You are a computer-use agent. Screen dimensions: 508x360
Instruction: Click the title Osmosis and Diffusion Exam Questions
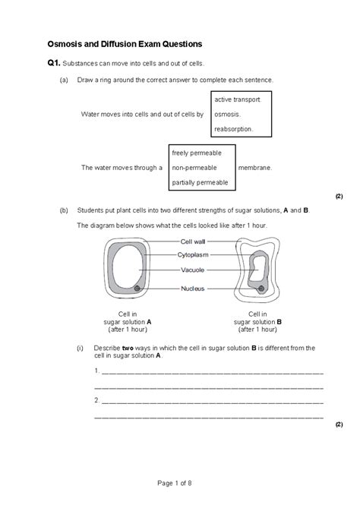point(131,44)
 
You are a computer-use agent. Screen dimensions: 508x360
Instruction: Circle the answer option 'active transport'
point(238,99)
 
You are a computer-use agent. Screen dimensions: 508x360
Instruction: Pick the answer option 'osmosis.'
point(227,114)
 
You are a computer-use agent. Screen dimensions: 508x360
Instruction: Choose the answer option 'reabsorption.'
point(233,129)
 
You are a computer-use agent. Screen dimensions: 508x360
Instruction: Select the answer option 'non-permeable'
point(194,167)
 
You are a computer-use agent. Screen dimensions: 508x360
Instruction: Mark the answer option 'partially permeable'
point(200,182)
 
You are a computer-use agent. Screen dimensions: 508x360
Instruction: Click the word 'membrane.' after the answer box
point(255,167)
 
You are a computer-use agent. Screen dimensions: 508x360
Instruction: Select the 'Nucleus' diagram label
point(191,288)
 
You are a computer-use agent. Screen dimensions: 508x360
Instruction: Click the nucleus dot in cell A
point(137,289)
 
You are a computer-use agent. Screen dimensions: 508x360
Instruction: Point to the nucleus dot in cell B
point(261,289)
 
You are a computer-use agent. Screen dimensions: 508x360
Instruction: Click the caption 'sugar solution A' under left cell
point(127,321)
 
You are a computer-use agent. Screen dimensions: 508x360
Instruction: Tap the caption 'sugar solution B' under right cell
point(257,321)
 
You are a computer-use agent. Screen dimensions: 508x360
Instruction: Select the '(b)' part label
point(63,209)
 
